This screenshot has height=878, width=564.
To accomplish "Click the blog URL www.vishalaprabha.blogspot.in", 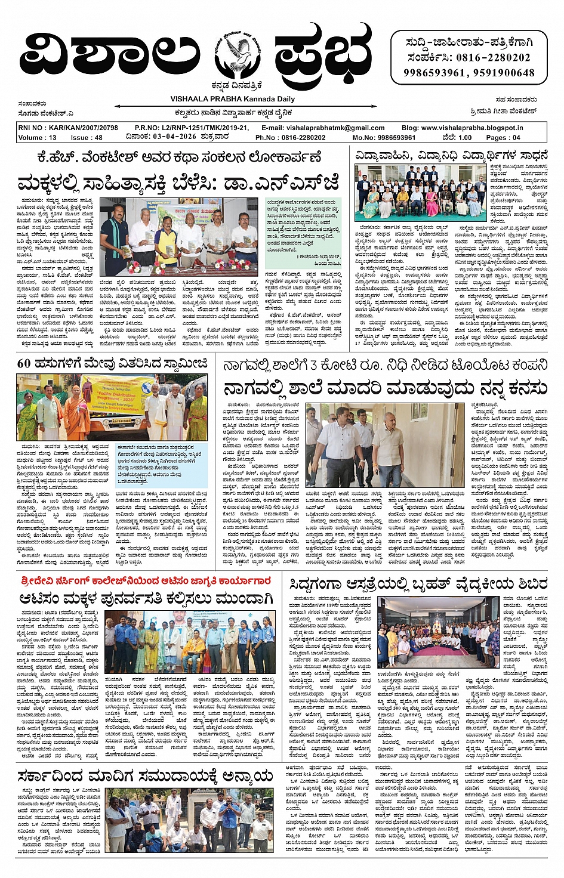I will click(x=471, y=128).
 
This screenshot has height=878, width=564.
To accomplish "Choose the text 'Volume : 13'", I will click(x=38, y=137).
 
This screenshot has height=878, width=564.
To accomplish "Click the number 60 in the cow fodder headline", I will click(x=24, y=363).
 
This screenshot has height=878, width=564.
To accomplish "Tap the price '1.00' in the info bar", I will click(x=464, y=137).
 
